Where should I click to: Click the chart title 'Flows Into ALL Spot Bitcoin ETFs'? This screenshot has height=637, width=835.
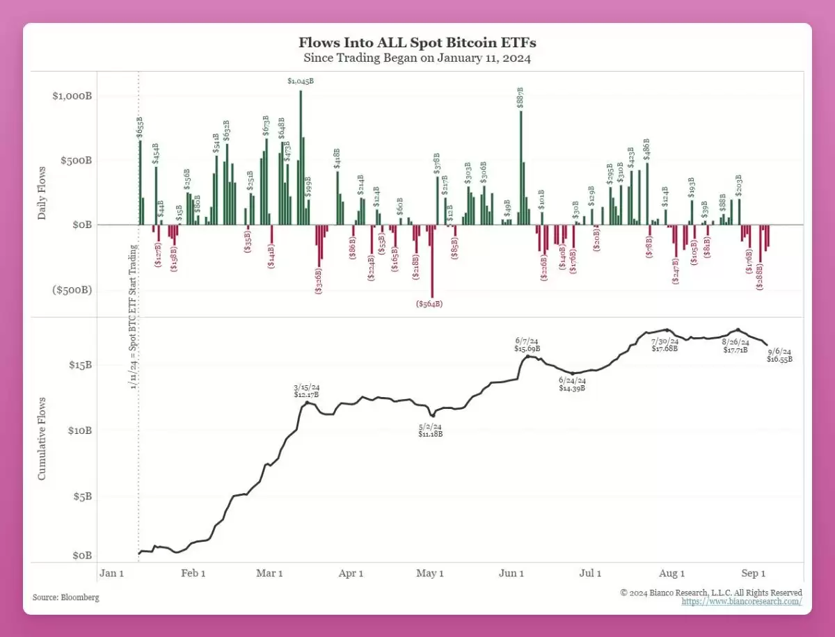(x=417, y=43)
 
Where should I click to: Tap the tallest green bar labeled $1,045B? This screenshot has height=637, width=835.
(x=301, y=160)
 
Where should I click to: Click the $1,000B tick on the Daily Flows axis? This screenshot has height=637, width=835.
(x=72, y=95)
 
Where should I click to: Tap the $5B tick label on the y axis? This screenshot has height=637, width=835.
(x=82, y=497)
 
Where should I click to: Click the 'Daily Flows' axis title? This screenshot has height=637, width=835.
(x=42, y=193)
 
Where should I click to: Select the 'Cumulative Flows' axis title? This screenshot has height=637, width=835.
(x=42, y=438)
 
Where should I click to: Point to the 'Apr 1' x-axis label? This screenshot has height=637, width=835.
(x=351, y=574)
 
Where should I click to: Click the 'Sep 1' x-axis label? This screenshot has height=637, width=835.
(x=753, y=574)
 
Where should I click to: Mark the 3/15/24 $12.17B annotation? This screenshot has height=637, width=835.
(x=306, y=391)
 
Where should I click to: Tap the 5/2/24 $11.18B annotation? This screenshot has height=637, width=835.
(x=430, y=430)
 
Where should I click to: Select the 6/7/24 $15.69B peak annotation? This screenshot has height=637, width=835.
(x=527, y=344)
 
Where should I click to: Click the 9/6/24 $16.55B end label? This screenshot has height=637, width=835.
(x=779, y=355)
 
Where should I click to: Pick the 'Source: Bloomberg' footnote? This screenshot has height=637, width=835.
(x=66, y=597)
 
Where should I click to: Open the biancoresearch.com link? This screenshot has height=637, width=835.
(x=742, y=602)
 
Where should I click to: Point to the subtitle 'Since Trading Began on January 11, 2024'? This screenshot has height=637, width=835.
(x=417, y=58)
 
